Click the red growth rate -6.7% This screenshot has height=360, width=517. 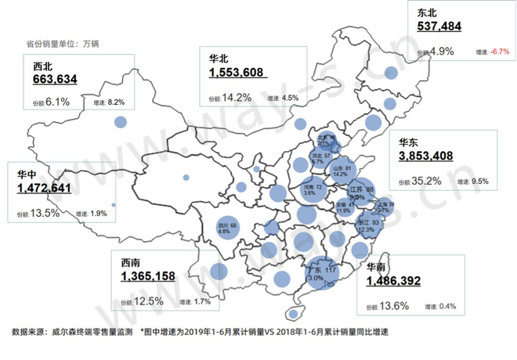pyautogui.click(x=495, y=52)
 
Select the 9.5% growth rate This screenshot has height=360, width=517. pyautogui.click(x=481, y=182)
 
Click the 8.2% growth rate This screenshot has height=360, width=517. pyautogui.click(x=114, y=102)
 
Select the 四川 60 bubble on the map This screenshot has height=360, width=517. pyautogui.click(x=227, y=226)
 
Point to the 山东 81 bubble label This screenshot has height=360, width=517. pyautogui.click(x=340, y=169)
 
